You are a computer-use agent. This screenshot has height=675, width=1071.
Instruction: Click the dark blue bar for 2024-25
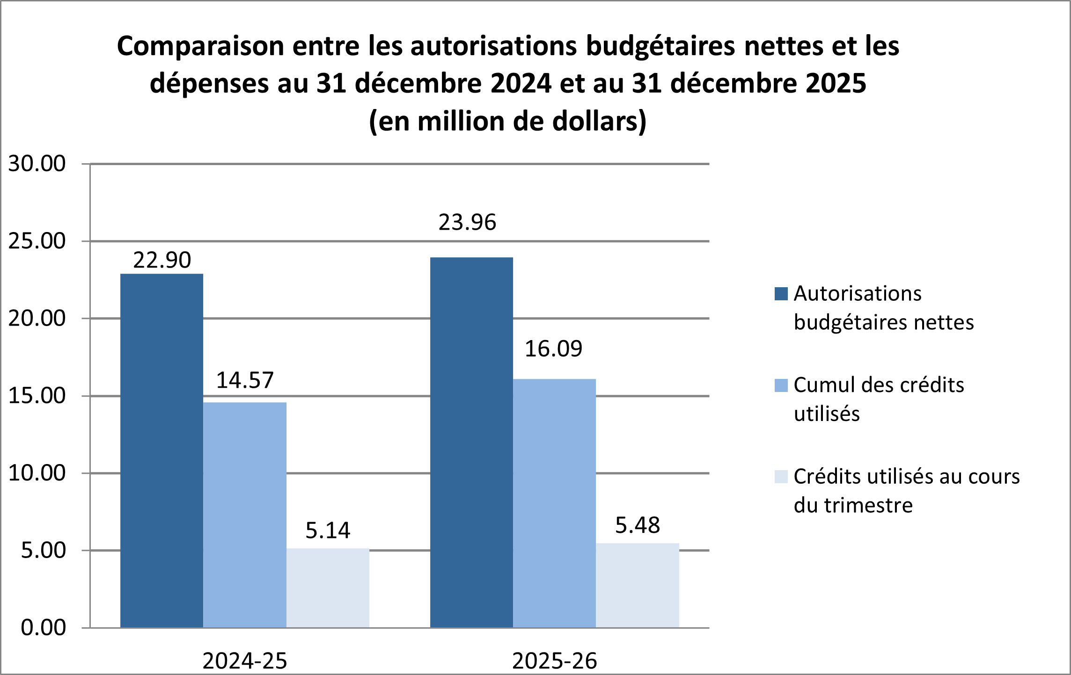161,450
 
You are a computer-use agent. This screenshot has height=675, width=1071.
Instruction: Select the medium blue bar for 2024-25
245,515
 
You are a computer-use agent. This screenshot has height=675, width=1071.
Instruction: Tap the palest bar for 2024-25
328,588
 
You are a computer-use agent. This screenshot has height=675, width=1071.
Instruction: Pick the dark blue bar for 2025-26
471,442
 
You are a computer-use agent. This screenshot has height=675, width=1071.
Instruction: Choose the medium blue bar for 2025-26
554,503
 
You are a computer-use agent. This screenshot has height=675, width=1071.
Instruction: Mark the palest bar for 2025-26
638,585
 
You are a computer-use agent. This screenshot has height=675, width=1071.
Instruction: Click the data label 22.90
162,260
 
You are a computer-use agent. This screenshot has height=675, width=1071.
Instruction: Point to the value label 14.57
245,380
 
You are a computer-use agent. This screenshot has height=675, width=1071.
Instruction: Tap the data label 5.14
328,530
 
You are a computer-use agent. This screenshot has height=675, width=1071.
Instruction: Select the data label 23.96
467,222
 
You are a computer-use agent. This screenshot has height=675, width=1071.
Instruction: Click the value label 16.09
553,349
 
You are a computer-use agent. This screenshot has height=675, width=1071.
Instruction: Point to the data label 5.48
638,525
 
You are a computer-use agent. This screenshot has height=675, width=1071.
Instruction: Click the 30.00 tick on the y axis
37,164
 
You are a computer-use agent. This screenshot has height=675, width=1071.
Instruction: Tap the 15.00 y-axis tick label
37,396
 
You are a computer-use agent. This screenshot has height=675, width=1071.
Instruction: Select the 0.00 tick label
43,627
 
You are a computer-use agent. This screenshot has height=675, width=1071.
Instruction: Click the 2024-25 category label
245,661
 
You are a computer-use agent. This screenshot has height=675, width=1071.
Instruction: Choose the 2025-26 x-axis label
555,661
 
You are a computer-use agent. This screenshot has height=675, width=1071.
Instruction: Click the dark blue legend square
781,294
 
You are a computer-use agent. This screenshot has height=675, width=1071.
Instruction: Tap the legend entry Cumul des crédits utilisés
879,399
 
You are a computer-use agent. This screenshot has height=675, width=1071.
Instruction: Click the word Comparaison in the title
200,46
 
